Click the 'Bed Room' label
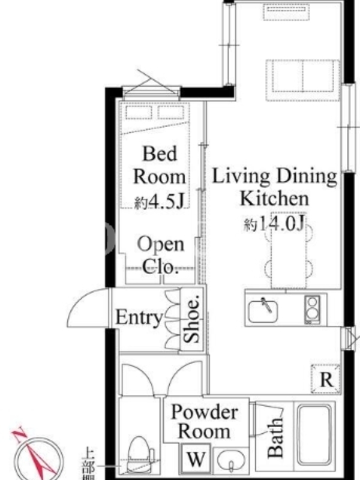[x=160, y=166]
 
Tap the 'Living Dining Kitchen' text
[x=275, y=187]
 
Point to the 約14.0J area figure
[x=274, y=224]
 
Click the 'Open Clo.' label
[x=160, y=256]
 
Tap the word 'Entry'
[x=139, y=317]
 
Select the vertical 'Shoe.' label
[x=191, y=319]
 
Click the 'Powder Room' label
[x=204, y=422]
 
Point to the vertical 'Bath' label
[x=275, y=438]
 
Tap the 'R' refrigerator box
[x=326, y=379]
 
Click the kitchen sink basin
[x=263, y=311]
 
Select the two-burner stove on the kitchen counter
[x=312, y=309]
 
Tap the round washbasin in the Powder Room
[x=231, y=460]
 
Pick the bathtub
[x=314, y=436]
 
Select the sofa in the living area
[x=303, y=80]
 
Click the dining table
[x=289, y=250]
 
